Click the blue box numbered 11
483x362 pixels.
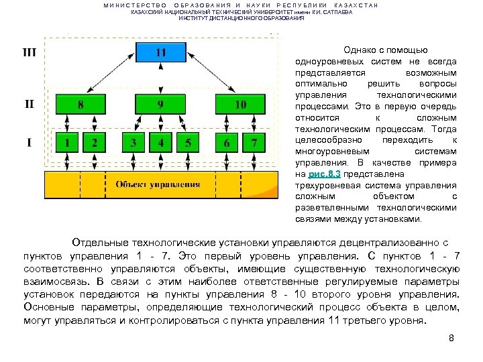pos(160,53)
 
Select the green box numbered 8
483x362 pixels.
pos(80,105)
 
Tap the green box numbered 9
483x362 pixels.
pos(160,105)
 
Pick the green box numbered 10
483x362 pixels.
pos(240,105)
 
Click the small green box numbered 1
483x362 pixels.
pos(67,143)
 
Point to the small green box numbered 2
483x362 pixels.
pos(94,143)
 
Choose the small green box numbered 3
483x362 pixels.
pos(133,143)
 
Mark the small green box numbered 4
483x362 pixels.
pos(160,143)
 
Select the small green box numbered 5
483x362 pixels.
pos(188,143)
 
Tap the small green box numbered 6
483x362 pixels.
pos(227,143)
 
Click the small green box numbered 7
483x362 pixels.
pos(254,143)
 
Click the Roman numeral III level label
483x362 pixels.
pos(30,52)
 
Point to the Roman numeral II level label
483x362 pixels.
pos(30,104)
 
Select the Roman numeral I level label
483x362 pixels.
pos(30,143)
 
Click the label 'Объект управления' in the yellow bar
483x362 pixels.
pos(158,184)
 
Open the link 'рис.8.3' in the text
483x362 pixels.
pos(324,174)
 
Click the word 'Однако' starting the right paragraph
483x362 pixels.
pos(359,50)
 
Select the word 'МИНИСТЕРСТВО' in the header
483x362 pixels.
pos(135,5)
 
